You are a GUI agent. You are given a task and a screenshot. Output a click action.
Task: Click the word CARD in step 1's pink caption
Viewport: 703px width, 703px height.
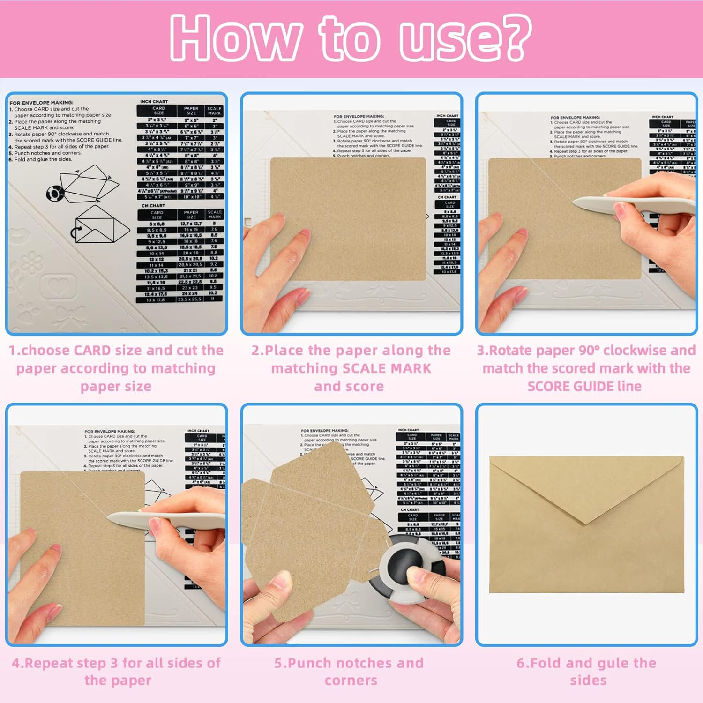point(98,351)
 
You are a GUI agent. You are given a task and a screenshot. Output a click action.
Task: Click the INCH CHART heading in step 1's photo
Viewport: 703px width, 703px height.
point(154,101)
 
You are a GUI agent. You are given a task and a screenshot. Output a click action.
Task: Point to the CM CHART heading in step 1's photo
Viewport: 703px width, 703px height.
point(153,206)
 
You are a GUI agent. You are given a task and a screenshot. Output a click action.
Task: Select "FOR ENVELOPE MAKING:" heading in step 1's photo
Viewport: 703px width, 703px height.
point(41,102)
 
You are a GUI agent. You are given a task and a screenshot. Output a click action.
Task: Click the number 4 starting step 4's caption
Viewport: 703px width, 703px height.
point(16,663)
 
